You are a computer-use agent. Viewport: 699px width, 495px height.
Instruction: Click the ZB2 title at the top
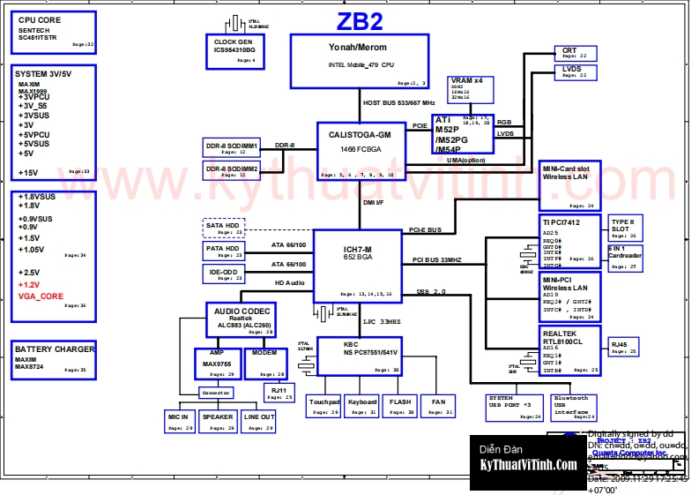click(361, 20)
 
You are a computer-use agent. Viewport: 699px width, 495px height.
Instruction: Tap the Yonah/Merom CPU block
click(360, 61)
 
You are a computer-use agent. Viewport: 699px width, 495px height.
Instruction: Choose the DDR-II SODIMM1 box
click(233, 147)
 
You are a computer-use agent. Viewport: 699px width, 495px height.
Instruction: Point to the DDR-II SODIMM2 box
click(233, 169)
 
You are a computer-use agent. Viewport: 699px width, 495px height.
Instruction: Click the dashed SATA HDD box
click(224, 228)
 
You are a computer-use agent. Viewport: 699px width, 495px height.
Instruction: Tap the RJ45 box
click(625, 347)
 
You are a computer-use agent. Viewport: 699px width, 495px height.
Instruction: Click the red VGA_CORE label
click(41, 296)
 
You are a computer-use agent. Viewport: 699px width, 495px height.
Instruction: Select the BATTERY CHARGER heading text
click(54, 349)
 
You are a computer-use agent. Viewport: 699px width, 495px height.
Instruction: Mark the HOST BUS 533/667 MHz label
click(399, 103)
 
